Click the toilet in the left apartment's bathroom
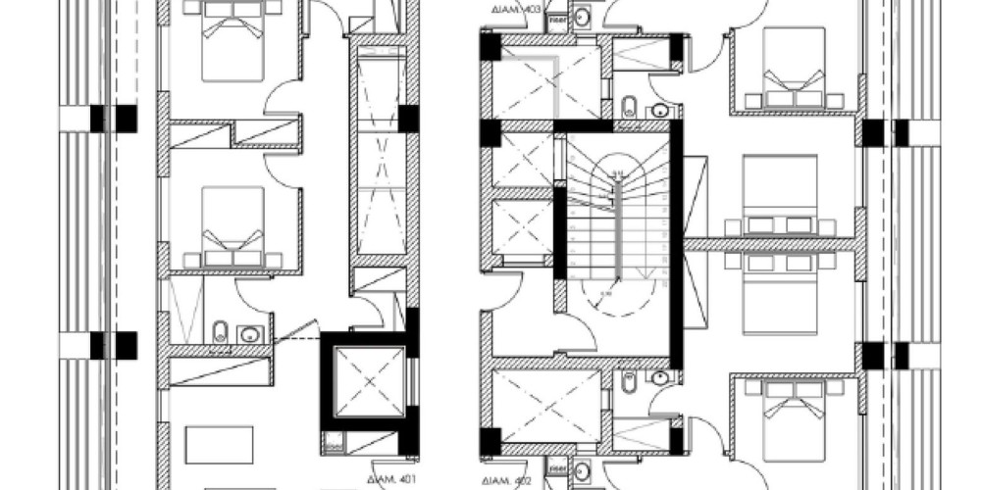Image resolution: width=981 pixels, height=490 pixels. coord(220,331)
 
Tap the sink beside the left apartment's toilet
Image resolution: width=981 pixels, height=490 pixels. coord(250,333)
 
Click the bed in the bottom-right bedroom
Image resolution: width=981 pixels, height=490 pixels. coord(794,416)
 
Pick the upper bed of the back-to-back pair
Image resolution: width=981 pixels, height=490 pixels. coord(780,196)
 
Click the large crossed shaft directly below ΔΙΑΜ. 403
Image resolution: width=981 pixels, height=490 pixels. coord(544,82)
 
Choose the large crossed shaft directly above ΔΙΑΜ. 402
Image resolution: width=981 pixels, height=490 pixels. coord(544,406)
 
